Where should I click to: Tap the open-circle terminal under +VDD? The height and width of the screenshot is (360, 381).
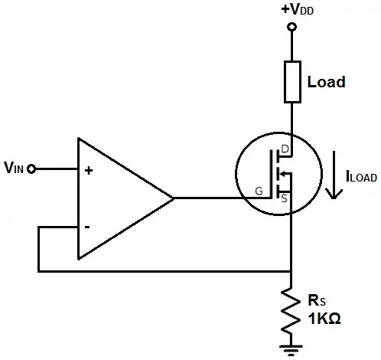pos(291,28)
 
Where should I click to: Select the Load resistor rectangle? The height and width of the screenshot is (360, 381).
pos(291,82)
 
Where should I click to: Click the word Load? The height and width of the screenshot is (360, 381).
pos(325,81)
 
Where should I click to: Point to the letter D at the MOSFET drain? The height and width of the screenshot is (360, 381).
pos(285,148)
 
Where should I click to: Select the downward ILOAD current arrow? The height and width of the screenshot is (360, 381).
pos(332,175)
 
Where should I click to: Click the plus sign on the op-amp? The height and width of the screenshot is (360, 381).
pos(89,171)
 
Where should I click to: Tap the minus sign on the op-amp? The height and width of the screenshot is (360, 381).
pos(88,227)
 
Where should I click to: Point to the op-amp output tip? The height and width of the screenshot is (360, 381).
pos(174,198)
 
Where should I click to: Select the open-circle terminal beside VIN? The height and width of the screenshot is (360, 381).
pos(31,169)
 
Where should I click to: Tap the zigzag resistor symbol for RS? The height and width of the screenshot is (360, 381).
pos(291,310)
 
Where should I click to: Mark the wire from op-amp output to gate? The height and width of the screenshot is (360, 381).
pos(214,198)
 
